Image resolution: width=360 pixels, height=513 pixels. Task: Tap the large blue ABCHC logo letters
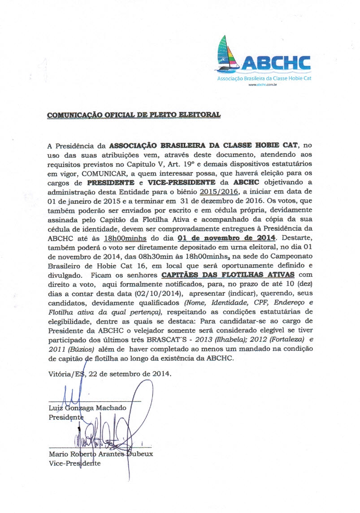coord(275,61)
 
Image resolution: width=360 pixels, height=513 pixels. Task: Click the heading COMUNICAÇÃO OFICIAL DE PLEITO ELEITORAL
coord(134,115)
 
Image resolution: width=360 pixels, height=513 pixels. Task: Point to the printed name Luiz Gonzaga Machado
coord(87,408)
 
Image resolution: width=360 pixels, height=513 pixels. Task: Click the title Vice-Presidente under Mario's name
coord(74,463)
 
